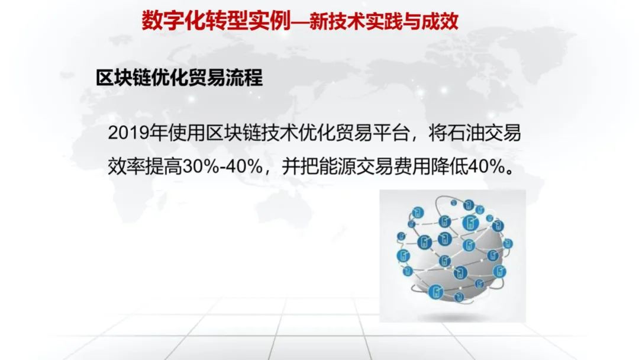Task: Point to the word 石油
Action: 465,133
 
